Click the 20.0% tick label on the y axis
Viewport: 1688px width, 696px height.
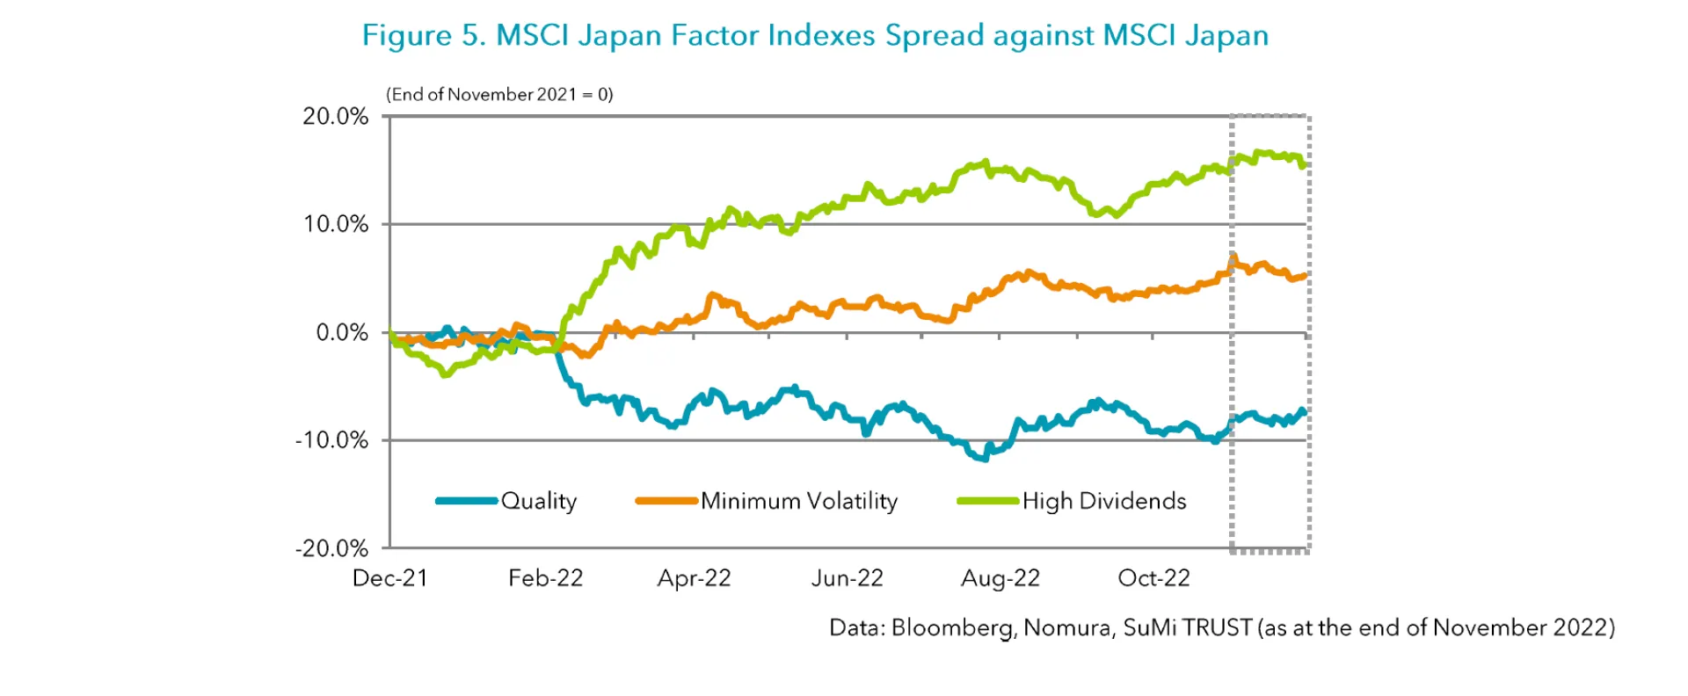(x=335, y=116)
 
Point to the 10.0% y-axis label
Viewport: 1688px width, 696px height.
(x=335, y=224)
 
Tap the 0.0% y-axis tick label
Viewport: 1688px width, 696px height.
(x=341, y=332)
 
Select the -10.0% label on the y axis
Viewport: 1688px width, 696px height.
(x=331, y=440)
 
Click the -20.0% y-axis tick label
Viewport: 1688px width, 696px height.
(x=331, y=548)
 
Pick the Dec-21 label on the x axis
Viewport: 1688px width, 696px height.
(x=389, y=578)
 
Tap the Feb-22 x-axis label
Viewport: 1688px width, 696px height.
(x=545, y=578)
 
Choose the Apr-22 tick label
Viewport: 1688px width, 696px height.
(x=694, y=578)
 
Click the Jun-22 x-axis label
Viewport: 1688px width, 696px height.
(x=847, y=578)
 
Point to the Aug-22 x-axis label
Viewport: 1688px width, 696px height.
(x=1000, y=578)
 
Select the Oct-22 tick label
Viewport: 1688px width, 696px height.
(x=1153, y=578)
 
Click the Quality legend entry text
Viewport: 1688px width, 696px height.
(x=539, y=501)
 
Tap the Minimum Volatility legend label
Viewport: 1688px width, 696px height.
(x=799, y=501)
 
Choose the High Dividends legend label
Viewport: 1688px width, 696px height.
(x=1104, y=501)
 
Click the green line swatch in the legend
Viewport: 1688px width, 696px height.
(x=988, y=501)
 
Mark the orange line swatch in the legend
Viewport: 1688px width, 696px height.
(x=666, y=501)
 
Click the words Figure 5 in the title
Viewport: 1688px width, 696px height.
(x=423, y=35)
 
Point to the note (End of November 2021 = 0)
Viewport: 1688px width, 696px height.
(x=499, y=94)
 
